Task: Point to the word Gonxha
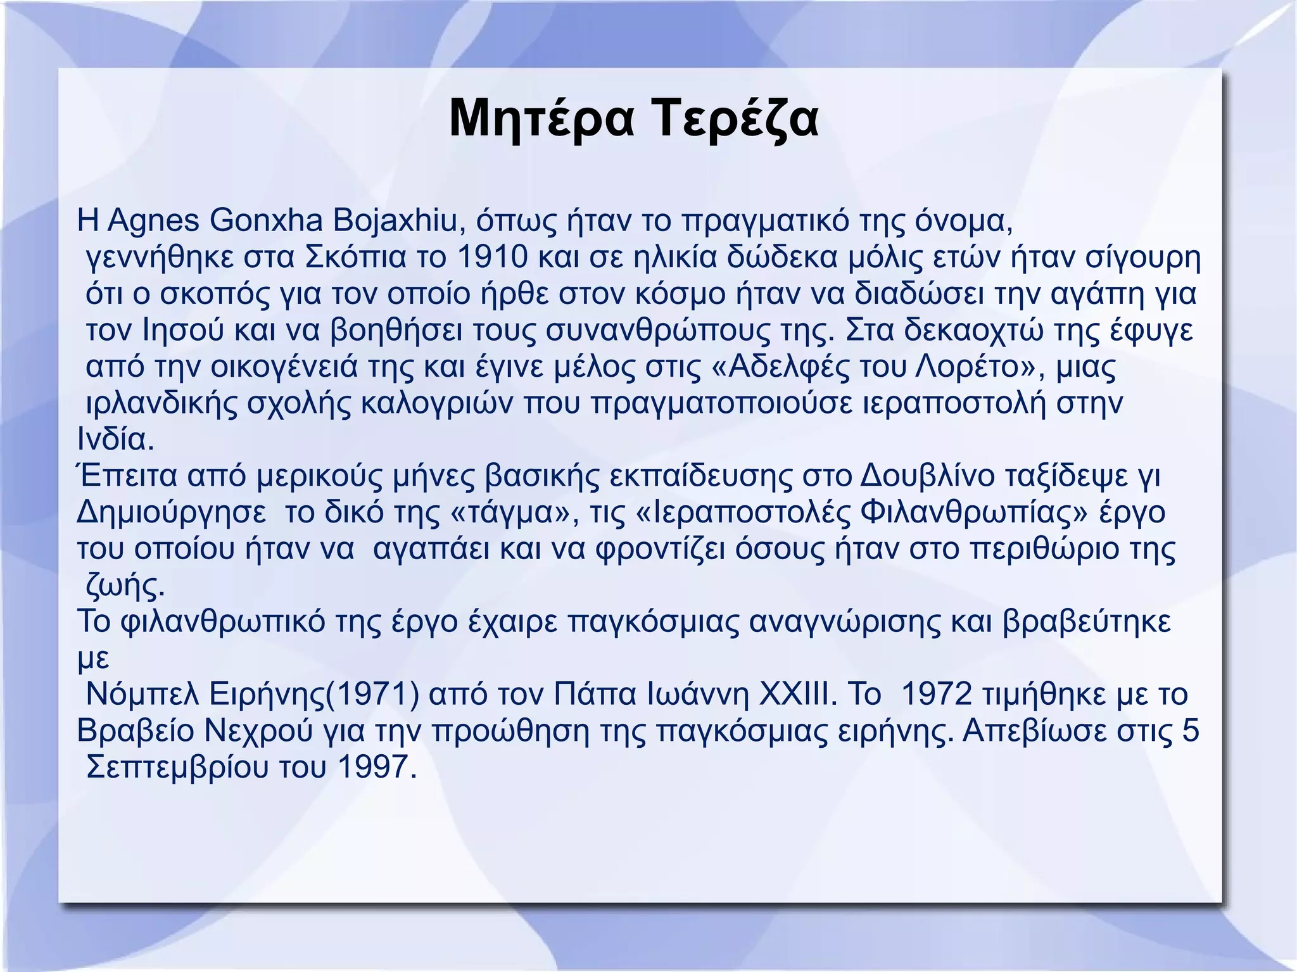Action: pyautogui.click(x=266, y=220)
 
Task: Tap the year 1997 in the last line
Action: pyautogui.click(x=377, y=767)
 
